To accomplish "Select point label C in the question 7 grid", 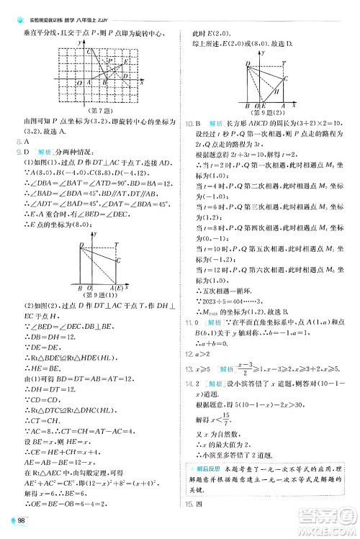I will point(89,52).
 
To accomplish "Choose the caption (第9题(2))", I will point(265,112).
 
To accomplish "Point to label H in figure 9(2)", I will point(276,91).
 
